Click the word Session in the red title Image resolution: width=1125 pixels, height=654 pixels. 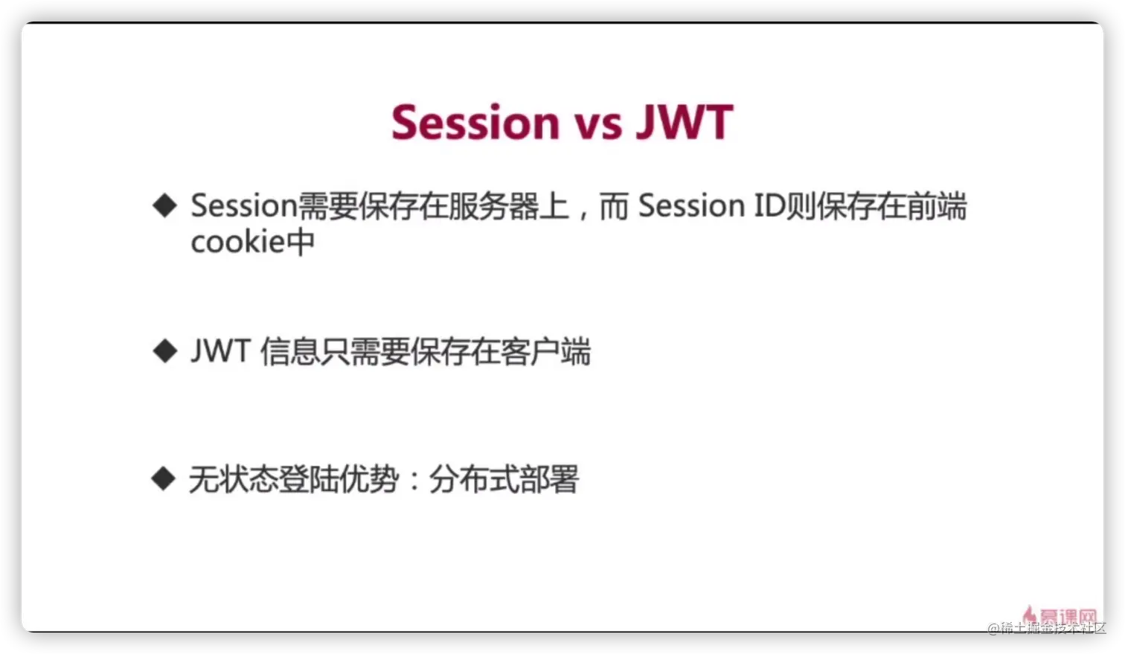coord(475,122)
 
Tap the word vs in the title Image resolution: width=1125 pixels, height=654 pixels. coord(598,126)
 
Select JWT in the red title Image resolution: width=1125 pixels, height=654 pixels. coord(685,122)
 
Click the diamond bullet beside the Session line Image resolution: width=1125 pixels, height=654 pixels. coord(164,205)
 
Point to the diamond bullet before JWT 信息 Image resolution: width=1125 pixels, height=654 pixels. coord(164,350)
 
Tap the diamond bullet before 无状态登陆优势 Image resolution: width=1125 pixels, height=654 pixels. coord(164,478)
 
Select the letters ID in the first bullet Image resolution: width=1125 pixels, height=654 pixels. coord(770,205)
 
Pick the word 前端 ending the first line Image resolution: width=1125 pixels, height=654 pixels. coord(937,206)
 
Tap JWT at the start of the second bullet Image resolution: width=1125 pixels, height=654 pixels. coord(221,350)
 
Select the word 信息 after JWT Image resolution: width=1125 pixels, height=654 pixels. coord(290,351)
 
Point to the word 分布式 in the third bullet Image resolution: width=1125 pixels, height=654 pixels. coord(473,479)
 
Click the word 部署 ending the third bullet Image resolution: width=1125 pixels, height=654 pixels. coord(548,479)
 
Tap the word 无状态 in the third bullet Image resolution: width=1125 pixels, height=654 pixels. coord(234,479)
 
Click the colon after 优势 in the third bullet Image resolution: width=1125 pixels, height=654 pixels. coord(414,480)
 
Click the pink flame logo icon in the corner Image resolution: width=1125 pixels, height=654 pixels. coord(1029,615)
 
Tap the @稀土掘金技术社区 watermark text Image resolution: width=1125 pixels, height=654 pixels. coord(1047,628)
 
